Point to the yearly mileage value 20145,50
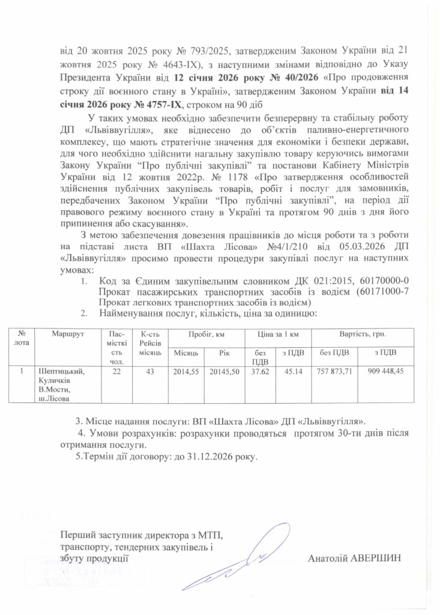coord(224,371)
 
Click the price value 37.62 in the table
coord(259,371)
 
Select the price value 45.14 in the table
coord(292,371)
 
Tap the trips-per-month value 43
coord(148,371)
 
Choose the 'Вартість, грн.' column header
coord(362,333)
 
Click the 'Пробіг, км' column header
coord(205,333)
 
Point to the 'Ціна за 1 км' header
coord(275,333)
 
